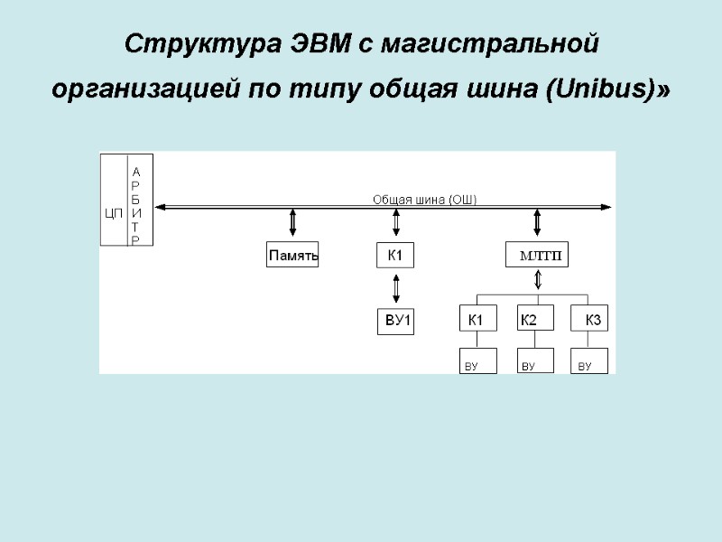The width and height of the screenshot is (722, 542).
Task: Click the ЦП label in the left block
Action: coord(113,213)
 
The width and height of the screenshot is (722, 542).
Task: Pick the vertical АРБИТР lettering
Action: coord(135,206)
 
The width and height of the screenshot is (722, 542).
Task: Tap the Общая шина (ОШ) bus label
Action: coord(425,200)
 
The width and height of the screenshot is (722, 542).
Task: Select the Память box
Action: coord(293,256)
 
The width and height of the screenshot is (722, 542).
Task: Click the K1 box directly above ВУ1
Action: coord(395,256)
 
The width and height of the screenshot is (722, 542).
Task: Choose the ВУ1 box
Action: coord(395,321)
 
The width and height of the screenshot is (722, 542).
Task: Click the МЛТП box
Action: coord(538,256)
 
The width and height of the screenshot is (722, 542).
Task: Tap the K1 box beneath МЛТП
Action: coord(477,319)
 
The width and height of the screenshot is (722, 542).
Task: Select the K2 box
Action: coord(535,319)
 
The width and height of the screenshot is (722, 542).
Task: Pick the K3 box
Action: coord(590,319)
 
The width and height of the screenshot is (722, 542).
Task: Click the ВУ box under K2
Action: coord(533,361)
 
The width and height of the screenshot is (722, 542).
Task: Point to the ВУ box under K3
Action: coord(589,361)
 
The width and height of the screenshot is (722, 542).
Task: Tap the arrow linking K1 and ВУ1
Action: coord(394,288)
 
